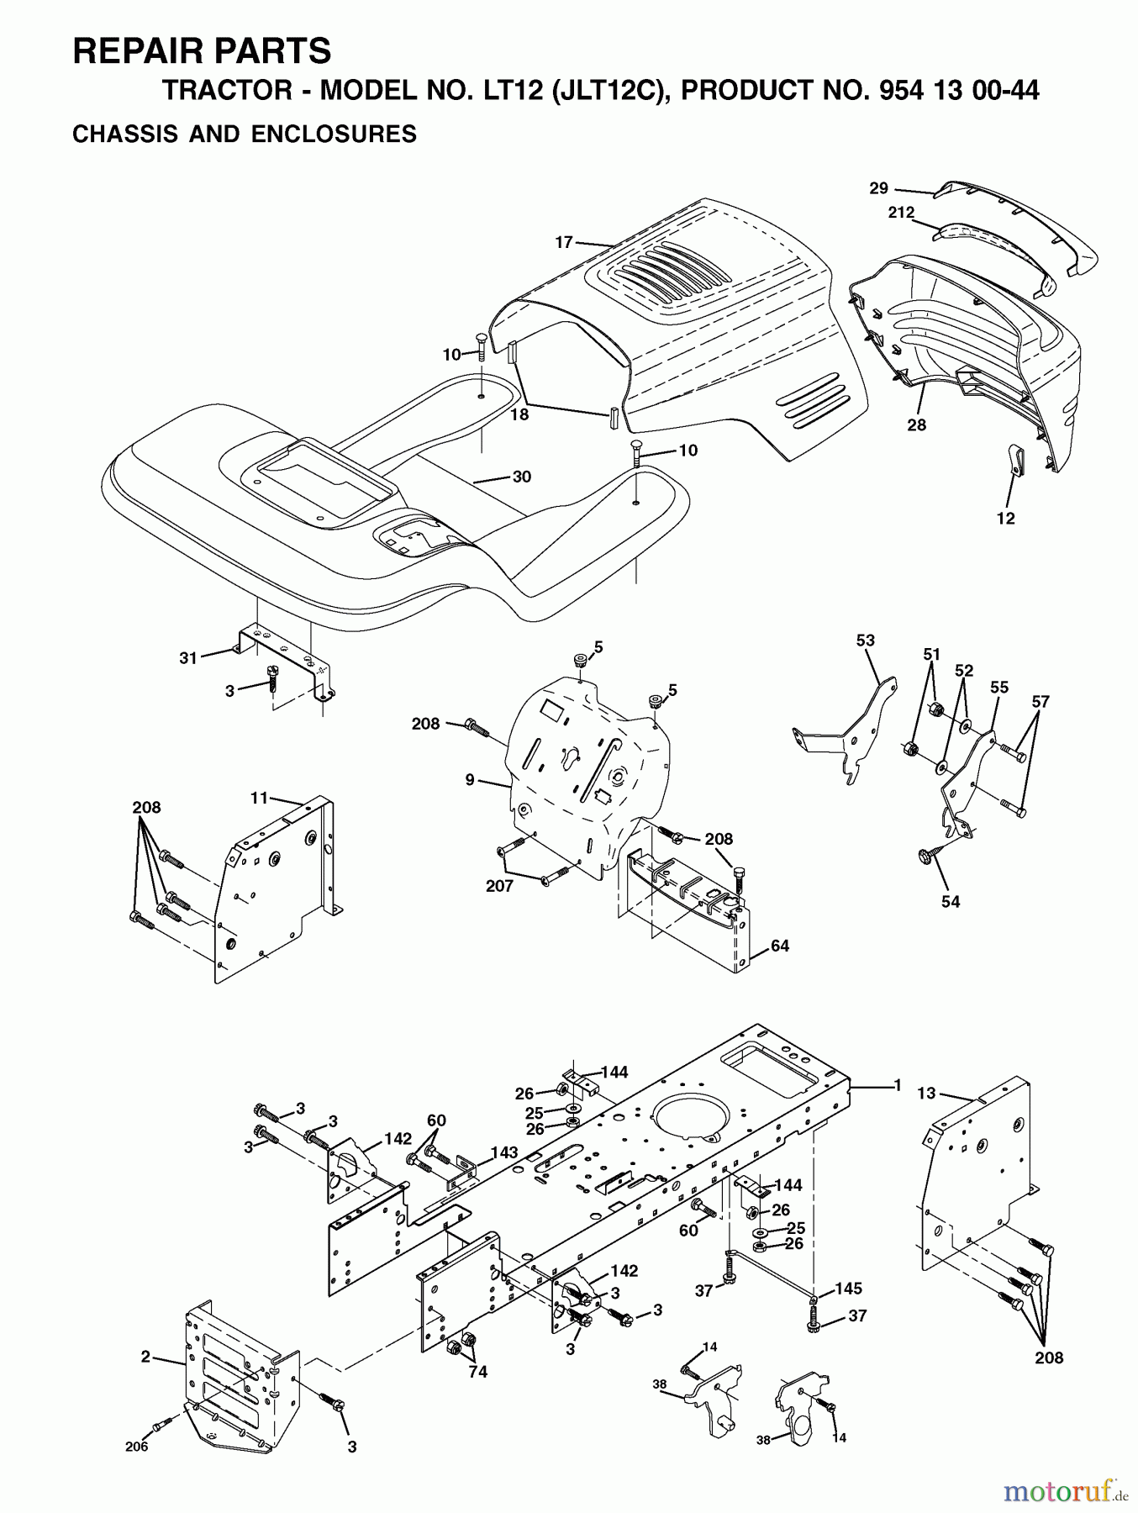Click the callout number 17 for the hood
click(x=563, y=242)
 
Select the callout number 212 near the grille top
click(x=901, y=213)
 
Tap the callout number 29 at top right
click(x=878, y=188)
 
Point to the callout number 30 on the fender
click(x=521, y=477)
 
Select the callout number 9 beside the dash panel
click(x=472, y=781)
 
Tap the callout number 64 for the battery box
click(x=779, y=946)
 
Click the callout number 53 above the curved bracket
click(x=865, y=640)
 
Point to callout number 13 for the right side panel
click(x=925, y=1093)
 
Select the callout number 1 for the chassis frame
click(x=897, y=1085)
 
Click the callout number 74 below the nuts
click(x=478, y=1372)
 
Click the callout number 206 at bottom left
click(x=136, y=1447)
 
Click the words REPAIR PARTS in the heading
click(x=202, y=51)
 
